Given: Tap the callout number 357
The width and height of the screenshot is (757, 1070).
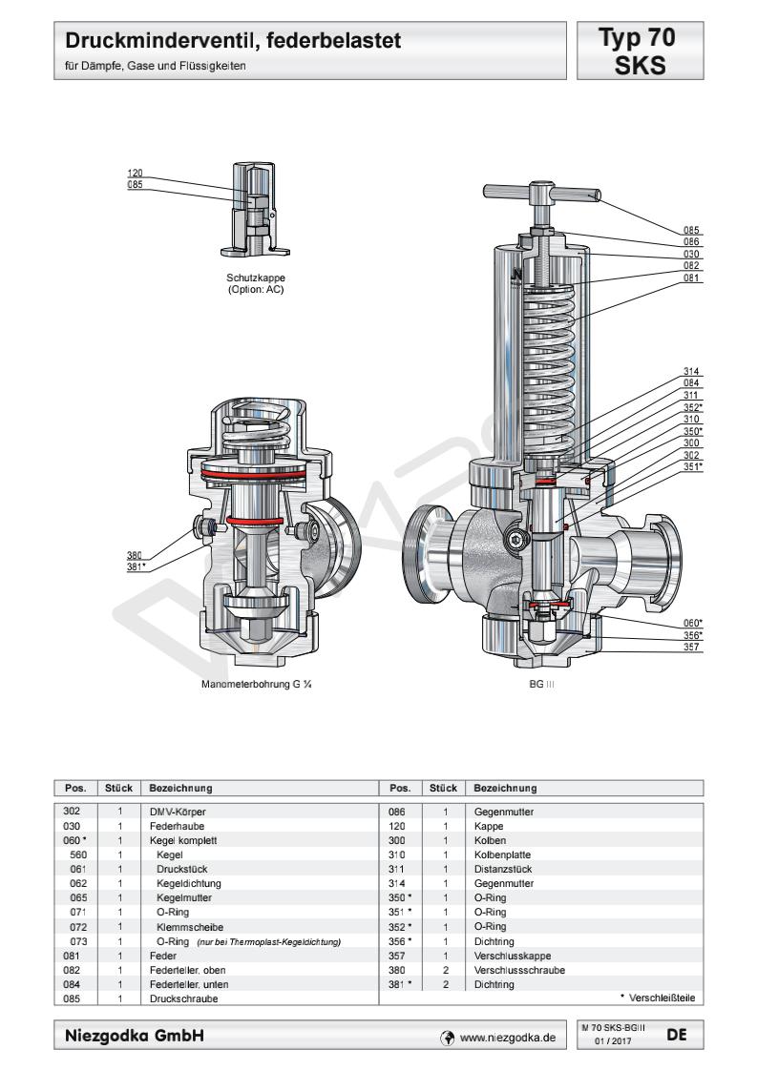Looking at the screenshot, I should click(693, 648).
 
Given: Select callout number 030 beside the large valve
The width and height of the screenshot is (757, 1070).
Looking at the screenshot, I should click(693, 254).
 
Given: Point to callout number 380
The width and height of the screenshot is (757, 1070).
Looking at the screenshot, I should click(136, 554).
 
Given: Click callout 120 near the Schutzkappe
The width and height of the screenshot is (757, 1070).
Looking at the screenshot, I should click(136, 173).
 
